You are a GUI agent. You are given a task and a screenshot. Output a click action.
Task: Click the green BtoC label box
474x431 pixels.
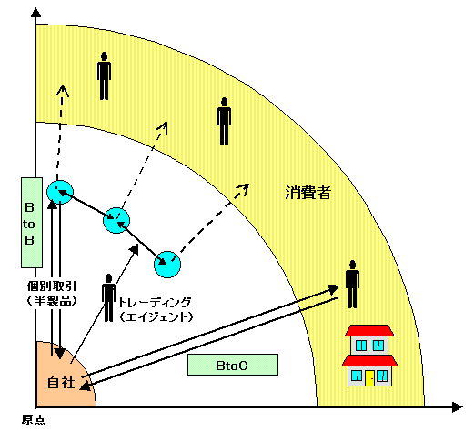pyautogui.click(x=233, y=365)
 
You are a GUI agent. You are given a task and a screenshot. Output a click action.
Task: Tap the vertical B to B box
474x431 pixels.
pyautogui.click(x=32, y=223)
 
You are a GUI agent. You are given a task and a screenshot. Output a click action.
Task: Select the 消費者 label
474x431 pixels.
pyautogui.click(x=308, y=193)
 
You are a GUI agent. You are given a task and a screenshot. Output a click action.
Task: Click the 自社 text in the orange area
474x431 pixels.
pyautogui.click(x=61, y=383)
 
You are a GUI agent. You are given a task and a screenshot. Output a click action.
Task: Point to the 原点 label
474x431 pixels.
pyautogui.click(x=34, y=420)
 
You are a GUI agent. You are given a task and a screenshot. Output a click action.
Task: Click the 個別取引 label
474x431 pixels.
pyautogui.click(x=52, y=286)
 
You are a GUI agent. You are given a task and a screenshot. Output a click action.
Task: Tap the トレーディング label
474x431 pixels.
pyautogui.click(x=155, y=302)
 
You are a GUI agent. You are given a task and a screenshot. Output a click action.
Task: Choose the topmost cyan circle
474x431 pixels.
pyautogui.click(x=60, y=192)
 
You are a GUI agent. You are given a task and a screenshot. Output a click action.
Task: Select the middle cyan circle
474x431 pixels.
pyautogui.click(x=116, y=220)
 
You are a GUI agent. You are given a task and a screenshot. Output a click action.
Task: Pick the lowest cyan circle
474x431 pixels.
pyautogui.click(x=167, y=265)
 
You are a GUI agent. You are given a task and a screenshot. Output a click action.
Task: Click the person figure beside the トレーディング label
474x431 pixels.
pyautogui.click(x=108, y=297)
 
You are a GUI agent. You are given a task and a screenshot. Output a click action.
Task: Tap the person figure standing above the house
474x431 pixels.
pyautogui.click(x=352, y=284)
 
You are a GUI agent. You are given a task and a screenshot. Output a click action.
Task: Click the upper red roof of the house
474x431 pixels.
pyautogui.click(x=369, y=331)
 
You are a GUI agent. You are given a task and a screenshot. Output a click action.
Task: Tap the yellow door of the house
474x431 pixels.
pyautogui.click(x=369, y=378)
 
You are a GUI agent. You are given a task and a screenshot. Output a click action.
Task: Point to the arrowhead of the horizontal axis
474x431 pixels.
pyautogui.click(x=457, y=407)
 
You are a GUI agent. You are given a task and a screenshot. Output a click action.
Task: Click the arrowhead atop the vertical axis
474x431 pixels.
pyautogui.click(x=36, y=13)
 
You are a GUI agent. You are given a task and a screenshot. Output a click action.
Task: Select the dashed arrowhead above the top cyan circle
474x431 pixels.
pyautogui.click(x=63, y=90)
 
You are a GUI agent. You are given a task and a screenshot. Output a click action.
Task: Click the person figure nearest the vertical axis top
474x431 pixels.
pyautogui.click(x=104, y=75)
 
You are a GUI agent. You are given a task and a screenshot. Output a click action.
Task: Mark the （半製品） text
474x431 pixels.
pyautogui.click(x=52, y=300)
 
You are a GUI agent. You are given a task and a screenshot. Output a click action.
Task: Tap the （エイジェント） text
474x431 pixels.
pyautogui.click(x=156, y=317)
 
